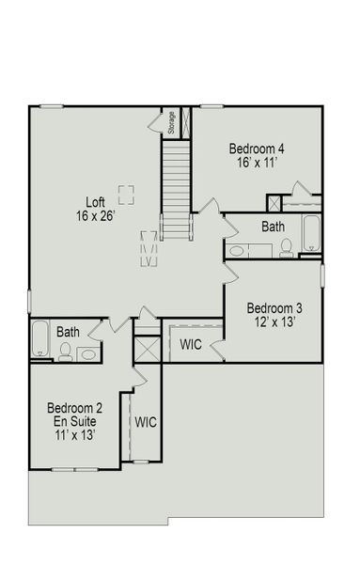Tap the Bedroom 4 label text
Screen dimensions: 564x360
(x=257, y=149)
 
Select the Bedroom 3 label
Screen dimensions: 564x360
(x=274, y=308)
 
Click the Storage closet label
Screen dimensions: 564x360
(x=172, y=123)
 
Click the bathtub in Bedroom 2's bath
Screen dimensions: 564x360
(x=39, y=339)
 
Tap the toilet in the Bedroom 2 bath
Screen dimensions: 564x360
(x=65, y=352)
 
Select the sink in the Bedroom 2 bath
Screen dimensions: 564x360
(x=87, y=352)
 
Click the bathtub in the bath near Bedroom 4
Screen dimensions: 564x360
(x=311, y=234)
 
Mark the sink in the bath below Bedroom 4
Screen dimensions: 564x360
(x=237, y=250)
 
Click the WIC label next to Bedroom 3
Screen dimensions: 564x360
(x=191, y=344)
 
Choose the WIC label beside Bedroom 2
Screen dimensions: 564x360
(x=145, y=422)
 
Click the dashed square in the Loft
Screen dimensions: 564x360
(x=125, y=193)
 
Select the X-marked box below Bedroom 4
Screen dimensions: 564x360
(x=274, y=202)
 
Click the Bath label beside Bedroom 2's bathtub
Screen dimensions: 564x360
(x=68, y=332)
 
